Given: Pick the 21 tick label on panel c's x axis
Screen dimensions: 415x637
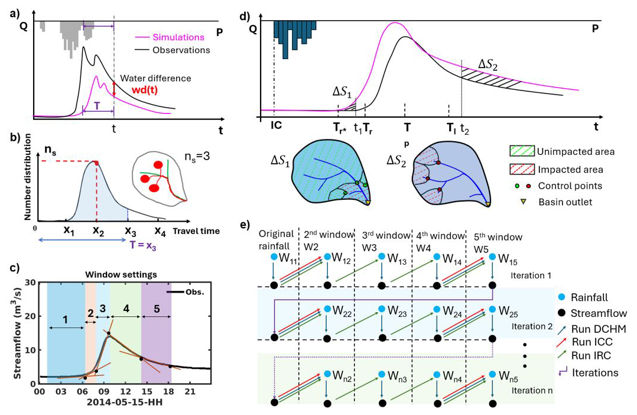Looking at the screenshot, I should click(190, 391).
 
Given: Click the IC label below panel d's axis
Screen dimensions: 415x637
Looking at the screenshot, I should click(276, 127).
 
